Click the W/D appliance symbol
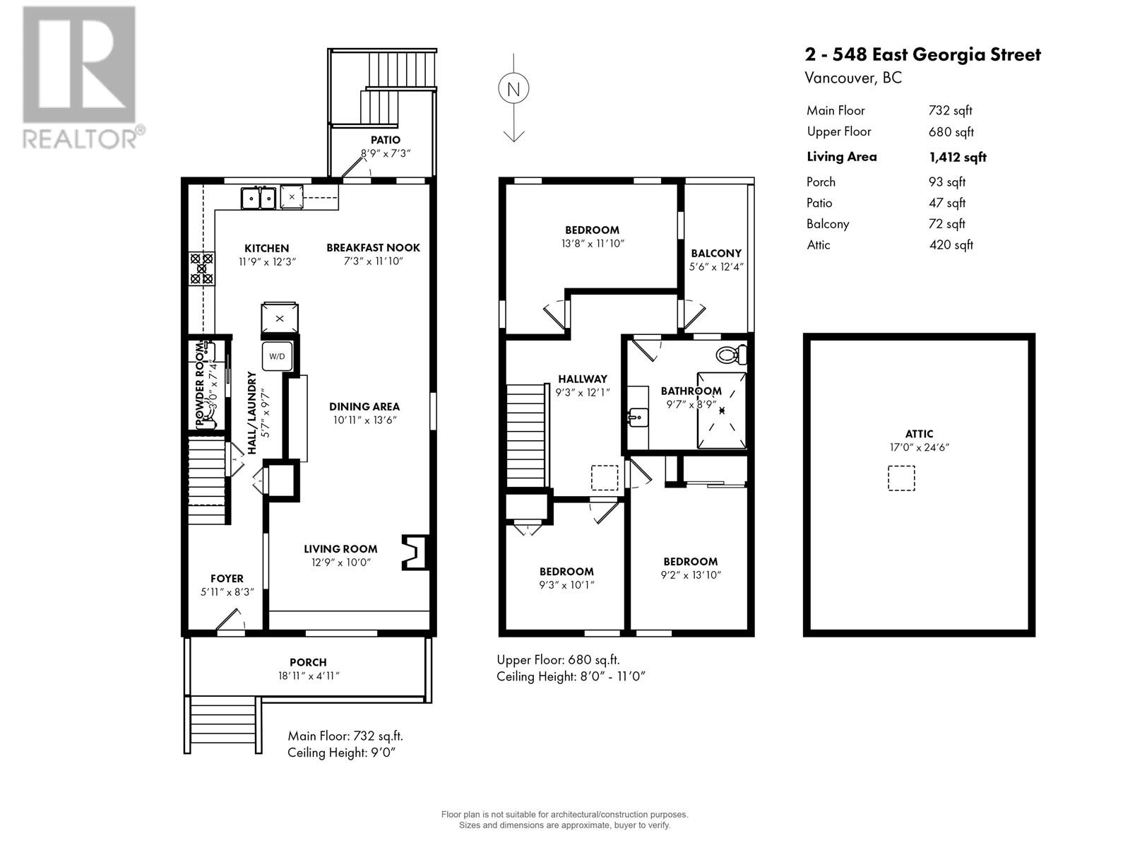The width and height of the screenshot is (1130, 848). click(x=277, y=356)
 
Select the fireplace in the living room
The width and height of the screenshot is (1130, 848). click(x=414, y=552)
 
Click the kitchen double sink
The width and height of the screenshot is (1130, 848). click(x=258, y=199)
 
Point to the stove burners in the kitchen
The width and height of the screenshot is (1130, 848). click(x=201, y=269)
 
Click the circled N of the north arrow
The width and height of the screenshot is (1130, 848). click(x=513, y=89)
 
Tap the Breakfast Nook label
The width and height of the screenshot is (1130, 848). click(x=373, y=247)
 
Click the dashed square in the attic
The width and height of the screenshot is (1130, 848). click(x=900, y=478)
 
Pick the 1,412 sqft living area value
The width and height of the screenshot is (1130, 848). click(x=958, y=157)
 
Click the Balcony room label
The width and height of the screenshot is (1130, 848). click(x=716, y=253)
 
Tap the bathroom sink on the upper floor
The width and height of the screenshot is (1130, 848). click(x=638, y=417)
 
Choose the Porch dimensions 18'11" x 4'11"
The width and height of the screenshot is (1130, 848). click(x=308, y=676)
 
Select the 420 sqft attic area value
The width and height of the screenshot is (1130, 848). click(x=951, y=245)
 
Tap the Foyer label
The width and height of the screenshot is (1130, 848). click(x=227, y=578)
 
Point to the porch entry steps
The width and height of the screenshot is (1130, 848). click(x=222, y=724)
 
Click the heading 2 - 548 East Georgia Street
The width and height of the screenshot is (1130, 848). click(x=922, y=54)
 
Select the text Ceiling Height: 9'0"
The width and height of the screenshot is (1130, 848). click(x=341, y=753)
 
